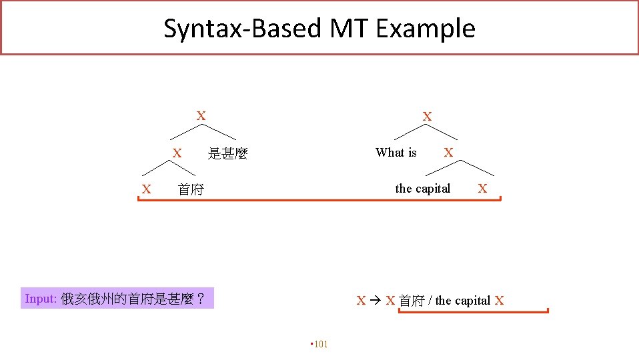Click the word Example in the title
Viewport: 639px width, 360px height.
point(425,29)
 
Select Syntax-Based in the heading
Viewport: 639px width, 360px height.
point(243,29)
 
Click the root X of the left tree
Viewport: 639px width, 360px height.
point(200,116)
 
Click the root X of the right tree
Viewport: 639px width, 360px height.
point(427,117)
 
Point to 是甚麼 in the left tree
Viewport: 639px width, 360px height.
point(227,154)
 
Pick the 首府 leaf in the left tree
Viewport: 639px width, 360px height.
point(191,190)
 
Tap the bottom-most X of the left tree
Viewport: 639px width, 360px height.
point(146,189)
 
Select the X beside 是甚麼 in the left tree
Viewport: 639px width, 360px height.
point(177,153)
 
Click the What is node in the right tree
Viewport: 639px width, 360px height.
point(396,153)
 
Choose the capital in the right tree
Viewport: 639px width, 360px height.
point(422,189)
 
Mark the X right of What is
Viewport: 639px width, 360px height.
point(448,153)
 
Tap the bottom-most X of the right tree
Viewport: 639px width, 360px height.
point(482,189)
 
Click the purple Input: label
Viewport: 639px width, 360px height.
point(41,299)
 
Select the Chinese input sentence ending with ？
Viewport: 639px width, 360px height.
point(133,299)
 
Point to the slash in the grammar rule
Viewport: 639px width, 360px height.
point(431,301)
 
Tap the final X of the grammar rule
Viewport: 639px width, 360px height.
point(499,301)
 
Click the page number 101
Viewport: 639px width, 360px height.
point(321,344)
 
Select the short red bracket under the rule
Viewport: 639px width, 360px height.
point(473,311)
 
